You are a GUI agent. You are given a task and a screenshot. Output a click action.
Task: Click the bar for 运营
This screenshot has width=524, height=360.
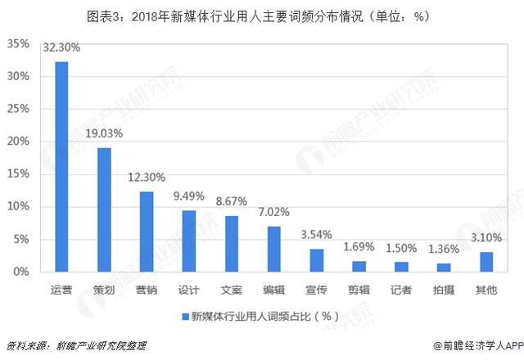[61, 166]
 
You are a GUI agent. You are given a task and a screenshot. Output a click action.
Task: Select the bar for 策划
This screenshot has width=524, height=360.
[104, 209]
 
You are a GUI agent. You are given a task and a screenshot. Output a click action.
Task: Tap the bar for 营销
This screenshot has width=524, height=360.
[147, 232]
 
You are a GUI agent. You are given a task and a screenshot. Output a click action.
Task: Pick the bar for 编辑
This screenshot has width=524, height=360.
[274, 249]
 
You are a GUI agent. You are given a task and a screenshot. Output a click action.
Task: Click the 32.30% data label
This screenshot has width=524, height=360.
[61, 48]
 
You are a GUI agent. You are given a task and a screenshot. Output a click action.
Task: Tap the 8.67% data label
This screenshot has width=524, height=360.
[232, 202]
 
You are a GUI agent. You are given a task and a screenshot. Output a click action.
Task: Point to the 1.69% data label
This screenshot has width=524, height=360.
[359, 246]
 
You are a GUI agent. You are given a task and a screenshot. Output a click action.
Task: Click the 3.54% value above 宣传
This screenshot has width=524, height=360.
[317, 236]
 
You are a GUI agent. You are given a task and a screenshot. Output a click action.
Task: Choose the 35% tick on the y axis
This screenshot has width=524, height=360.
[18, 43]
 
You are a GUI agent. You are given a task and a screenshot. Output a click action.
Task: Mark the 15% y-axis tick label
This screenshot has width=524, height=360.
[18, 174]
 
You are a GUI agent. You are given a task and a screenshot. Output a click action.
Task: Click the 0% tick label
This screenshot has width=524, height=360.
[21, 272]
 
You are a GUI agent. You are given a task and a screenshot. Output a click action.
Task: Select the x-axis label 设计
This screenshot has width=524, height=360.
[189, 289]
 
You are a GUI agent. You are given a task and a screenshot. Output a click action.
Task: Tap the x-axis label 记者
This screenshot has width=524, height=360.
[401, 289]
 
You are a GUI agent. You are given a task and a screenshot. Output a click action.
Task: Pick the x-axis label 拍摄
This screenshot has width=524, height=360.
[443, 289]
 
